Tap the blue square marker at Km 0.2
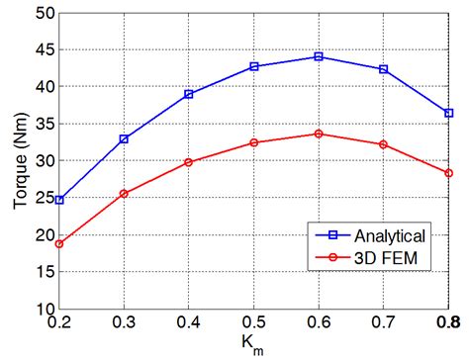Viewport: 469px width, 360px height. click(x=59, y=200)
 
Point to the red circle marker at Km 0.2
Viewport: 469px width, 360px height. click(x=59, y=243)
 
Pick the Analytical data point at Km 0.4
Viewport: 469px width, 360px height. click(x=189, y=94)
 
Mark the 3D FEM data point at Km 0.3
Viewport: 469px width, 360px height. click(x=124, y=194)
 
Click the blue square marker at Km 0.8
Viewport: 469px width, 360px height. click(x=448, y=113)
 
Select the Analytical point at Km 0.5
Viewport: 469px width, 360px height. click(x=254, y=66)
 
